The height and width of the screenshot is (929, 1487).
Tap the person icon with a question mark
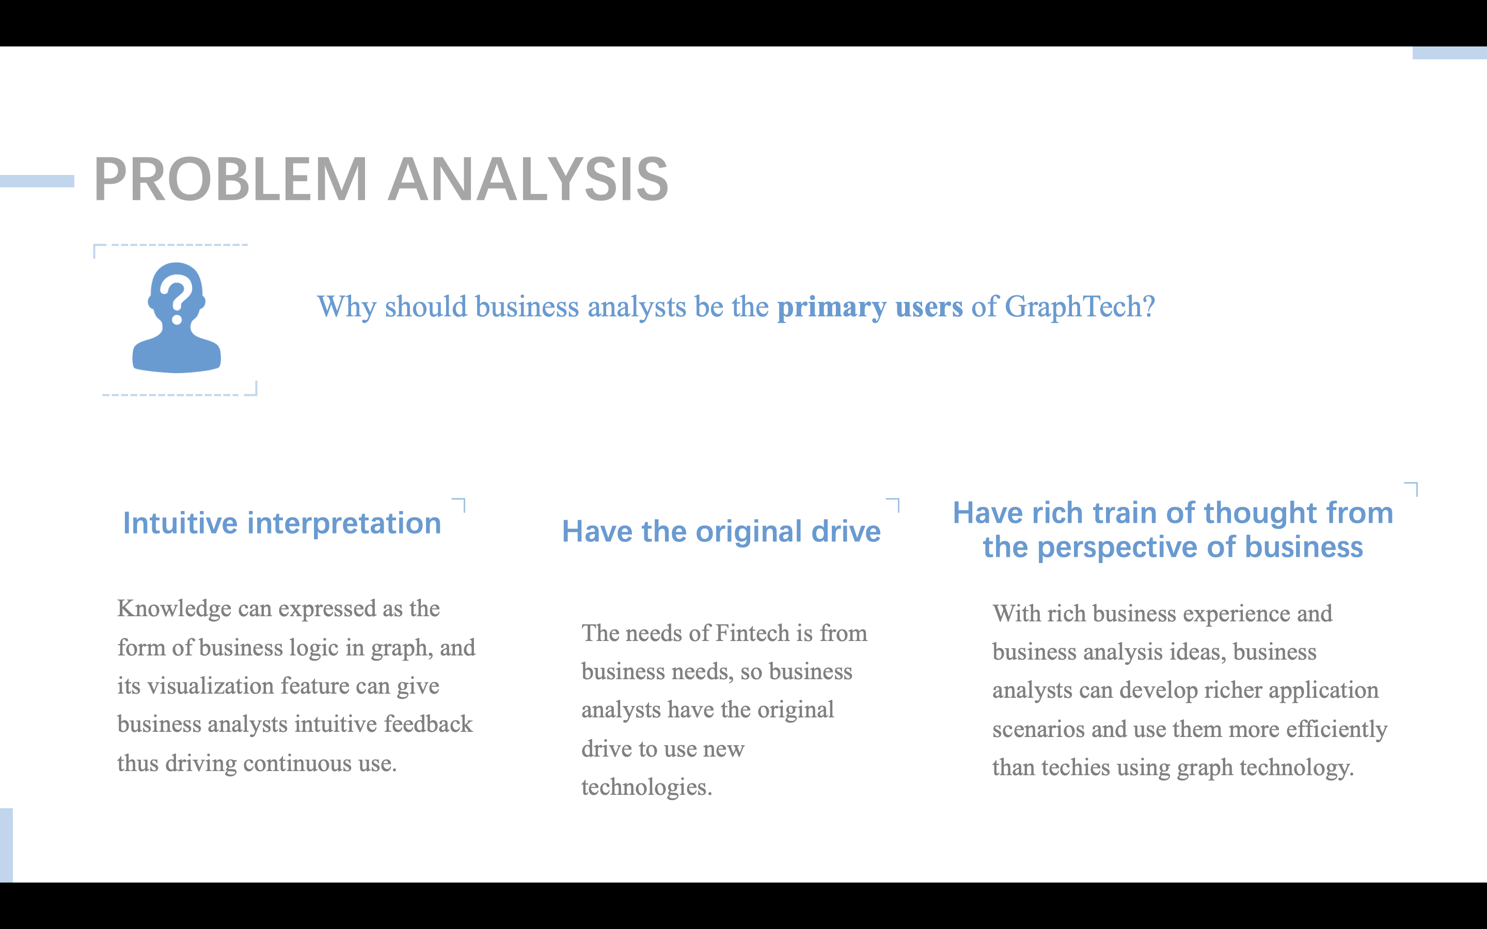click(x=177, y=317)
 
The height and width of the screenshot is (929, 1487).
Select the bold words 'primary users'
click(x=870, y=306)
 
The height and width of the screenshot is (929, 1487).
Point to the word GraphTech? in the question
click(x=1080, y=306)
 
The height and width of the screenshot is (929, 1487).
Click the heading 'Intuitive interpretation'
click(x=282, y=523)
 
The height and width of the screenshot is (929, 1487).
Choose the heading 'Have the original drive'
click(x=721, y=532)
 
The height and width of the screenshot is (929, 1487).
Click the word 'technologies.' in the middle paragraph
click(x=647, y=787)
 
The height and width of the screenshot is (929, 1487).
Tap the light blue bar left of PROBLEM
click(x=37, y=181)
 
